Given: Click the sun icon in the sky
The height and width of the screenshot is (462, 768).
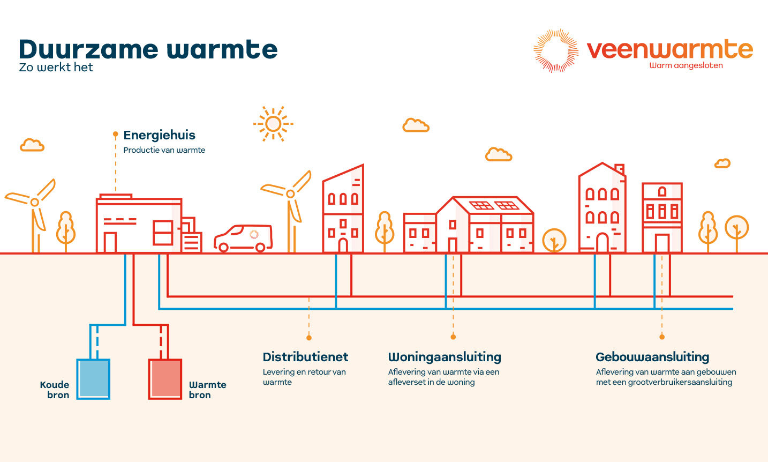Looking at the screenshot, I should click(x=273, y=124).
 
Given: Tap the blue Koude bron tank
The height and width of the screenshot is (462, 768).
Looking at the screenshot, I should click(x=93, y=379).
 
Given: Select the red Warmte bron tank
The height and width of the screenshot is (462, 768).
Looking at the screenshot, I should click(x=165, y=379).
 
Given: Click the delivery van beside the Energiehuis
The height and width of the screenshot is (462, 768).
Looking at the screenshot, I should click(x=244, y=238).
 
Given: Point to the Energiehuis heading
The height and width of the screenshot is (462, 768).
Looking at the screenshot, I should click(x=159, y=135).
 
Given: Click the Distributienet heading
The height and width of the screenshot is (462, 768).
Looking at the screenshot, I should click(x=305, y=357).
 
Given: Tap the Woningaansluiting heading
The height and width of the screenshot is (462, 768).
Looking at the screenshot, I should click(x=445, y=357).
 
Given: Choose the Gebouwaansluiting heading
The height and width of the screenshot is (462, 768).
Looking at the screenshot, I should click(x=652, y=357).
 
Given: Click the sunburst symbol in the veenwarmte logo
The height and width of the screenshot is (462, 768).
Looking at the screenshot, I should click(x=556, y=50).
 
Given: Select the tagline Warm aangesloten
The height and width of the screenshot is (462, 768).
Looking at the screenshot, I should click(x=686, y=66).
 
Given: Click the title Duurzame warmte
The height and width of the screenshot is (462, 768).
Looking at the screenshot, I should click(x=148, y=49).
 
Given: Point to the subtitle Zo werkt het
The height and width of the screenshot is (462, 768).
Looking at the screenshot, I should click(x=56, y=68).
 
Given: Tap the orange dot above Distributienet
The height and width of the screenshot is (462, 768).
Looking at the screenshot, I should click(x=309, y=338).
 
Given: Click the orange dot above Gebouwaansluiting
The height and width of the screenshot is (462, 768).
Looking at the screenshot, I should click(x=662, y=337).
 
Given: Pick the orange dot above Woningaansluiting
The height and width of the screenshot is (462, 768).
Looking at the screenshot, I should click(x=453, y=337).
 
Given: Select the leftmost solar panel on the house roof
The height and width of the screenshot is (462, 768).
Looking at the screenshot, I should click(x=481, y=205).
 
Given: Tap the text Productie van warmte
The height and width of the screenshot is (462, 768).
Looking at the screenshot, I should click(x=164, y=150).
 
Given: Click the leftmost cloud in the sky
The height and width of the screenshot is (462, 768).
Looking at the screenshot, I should click(x=32, y=145).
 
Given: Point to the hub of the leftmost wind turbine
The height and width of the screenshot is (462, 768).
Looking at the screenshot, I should click(x=35, y=202).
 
